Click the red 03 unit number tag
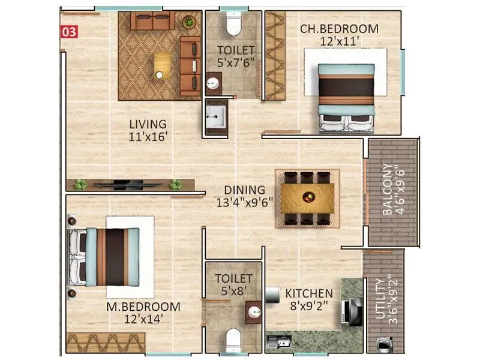pyautogui.click(x=70, y=32)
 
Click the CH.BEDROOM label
pyautogui.click(x=339, y=29)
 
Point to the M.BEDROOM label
pyautogui.click(x=143, y=307)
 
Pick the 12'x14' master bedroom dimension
pyautogui.click(x=143, y=319)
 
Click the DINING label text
pyautogui.click(x=244, y=190)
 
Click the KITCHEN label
pyautogui.click(x=308, y=293)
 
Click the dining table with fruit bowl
pyautogui.click(x=307, y=197)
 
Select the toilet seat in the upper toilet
pyautogui.click(x=234, y=25)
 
